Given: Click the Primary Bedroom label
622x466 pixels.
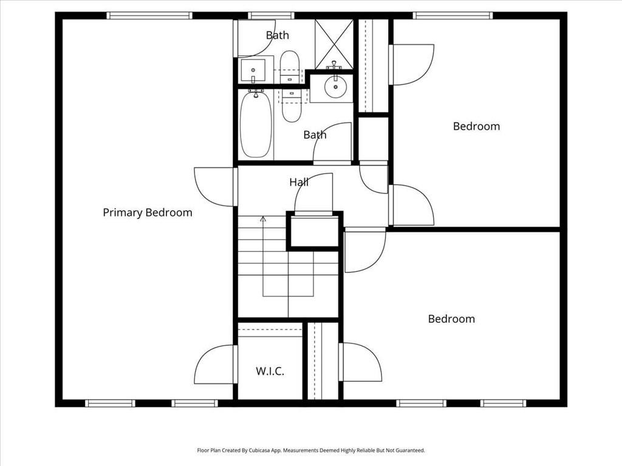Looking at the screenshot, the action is point(148,213).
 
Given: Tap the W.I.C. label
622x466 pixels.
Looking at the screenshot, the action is point(270,371).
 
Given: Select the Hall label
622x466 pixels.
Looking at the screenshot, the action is point(299,182).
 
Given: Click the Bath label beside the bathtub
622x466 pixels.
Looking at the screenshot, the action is point(315,135).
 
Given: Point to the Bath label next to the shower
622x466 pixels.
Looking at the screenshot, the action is point(277,35).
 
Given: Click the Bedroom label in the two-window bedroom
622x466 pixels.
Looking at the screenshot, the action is point(451,319).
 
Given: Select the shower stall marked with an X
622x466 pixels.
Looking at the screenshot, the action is point(334,44).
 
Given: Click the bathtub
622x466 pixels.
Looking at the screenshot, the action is point(256,124).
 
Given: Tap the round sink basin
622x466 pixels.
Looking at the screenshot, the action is point(335,86).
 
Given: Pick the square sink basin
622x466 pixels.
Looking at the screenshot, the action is point(253,70).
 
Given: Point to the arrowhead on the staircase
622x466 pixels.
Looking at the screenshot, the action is point(262,218).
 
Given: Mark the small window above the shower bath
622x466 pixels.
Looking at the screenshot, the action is point(272,15).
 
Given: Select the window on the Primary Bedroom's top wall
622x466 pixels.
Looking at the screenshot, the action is point(149,15).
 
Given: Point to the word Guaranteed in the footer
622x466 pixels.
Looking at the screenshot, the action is point(412,451).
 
